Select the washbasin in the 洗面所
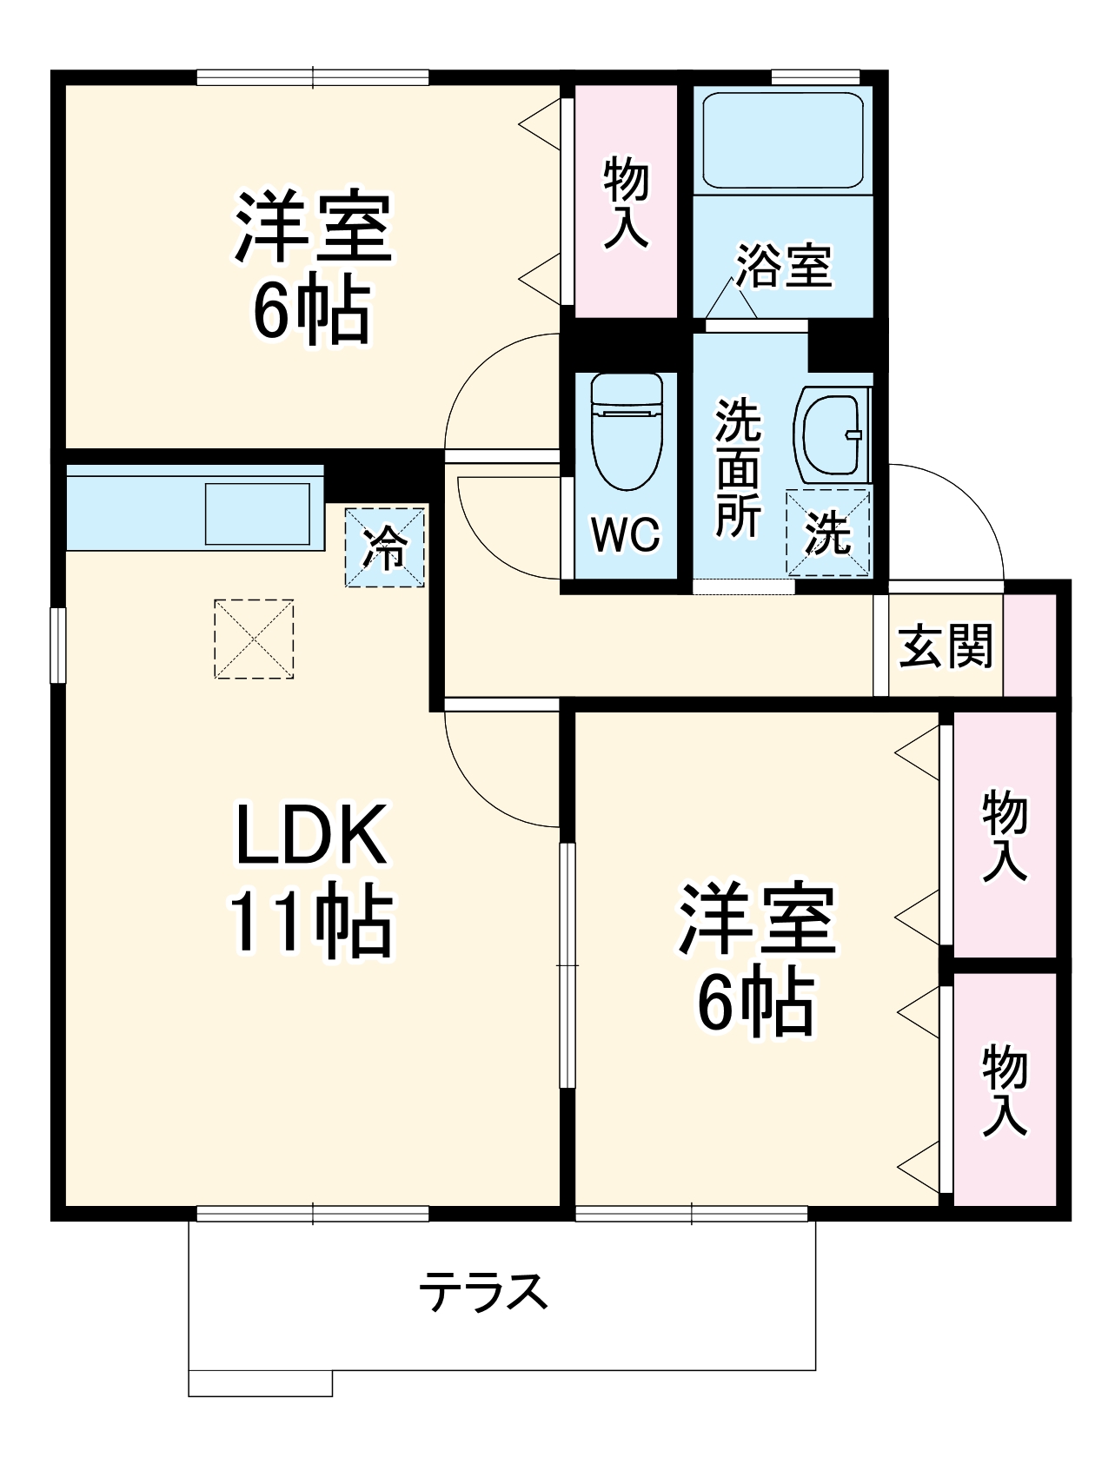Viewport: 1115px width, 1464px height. tap(830, 433)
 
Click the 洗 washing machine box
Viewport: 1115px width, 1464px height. tap(827, 533)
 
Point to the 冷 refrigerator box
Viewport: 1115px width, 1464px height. tap(384, 547)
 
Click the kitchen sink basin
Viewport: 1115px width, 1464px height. tap(257, 513)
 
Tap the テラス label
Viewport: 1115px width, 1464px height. tap(483, 1292)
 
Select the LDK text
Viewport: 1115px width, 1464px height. tap(310, 835)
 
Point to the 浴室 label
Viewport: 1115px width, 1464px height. tap(784, 265)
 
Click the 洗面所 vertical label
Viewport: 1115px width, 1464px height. tap(737, 469)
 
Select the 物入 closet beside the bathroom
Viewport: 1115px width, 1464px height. tap(626, 202)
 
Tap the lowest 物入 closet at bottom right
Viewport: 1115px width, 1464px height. tap(1005, 1090)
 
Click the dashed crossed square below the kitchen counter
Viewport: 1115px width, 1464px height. tap(254, 639)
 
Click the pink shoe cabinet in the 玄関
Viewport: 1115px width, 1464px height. tap(1030, 645)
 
